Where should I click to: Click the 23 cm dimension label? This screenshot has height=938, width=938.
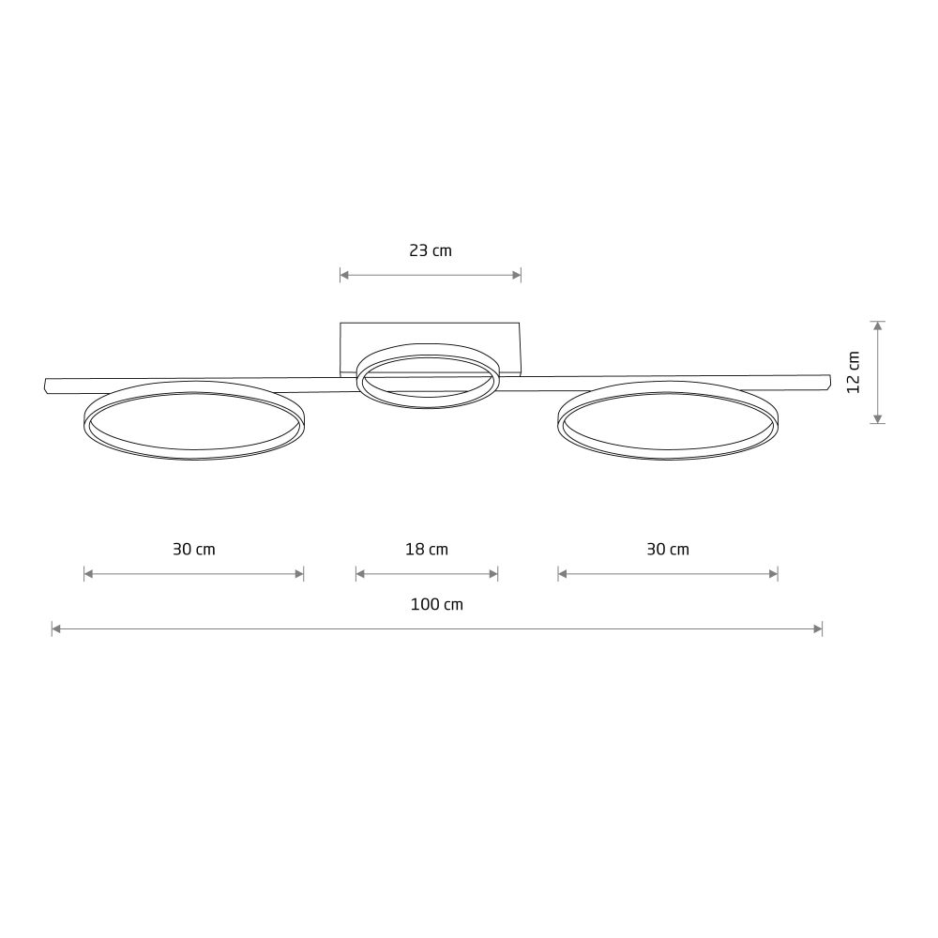[431, 250]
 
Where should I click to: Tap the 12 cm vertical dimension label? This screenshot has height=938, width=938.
[854, 372]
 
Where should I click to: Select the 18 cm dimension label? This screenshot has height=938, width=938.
[427, 549]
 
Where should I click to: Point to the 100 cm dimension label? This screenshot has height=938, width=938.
[437, 604]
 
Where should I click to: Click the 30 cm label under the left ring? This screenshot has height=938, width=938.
[194, 549]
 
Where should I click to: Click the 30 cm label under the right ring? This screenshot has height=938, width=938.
[668, 549]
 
